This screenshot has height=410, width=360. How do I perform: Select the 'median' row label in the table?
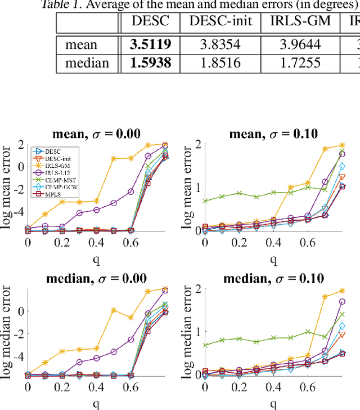pos(87,63)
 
